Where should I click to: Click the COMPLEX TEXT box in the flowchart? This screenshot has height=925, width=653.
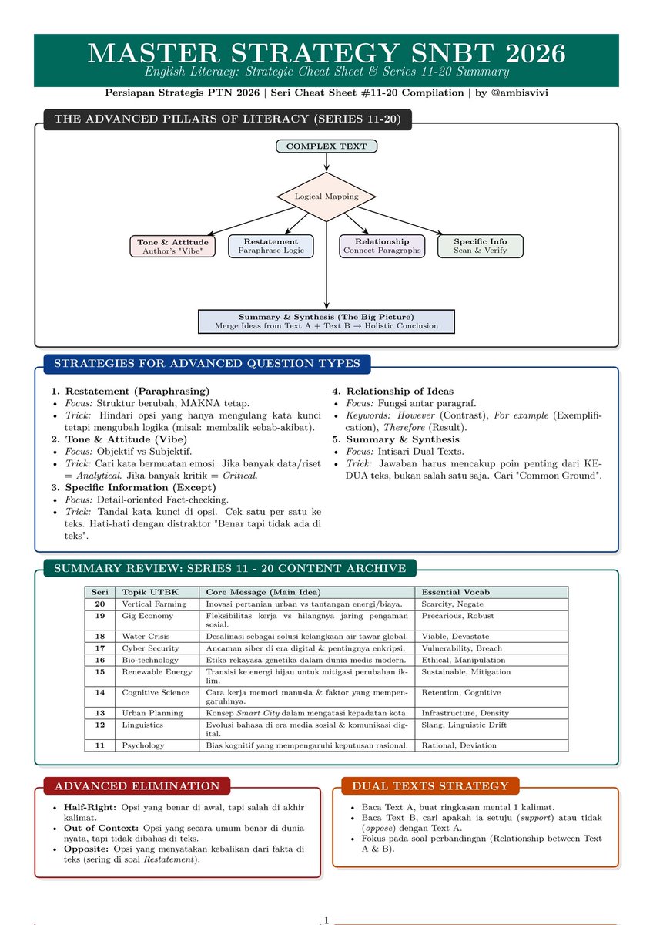click(326, 146)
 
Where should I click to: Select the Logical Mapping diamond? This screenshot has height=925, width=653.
click(326, 197)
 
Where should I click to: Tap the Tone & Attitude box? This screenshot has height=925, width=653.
click(172, 246)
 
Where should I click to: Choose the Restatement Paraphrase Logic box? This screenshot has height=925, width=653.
click(271, 246)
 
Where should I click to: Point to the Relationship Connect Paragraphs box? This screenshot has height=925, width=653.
click(382, 246)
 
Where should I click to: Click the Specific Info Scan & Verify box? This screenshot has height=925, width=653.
click(480, 246)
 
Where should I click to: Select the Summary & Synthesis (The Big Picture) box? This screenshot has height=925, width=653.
click(326, 321)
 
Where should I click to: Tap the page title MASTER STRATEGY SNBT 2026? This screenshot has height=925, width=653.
click(326, 53)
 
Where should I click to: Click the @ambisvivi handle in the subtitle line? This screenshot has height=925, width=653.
click(519, 93)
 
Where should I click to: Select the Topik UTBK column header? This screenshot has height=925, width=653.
click(143, 592)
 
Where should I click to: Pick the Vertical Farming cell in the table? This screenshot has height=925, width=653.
click(154, 604)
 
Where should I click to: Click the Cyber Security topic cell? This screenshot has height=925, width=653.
click(151, 648)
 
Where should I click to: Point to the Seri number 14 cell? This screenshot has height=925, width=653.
click(100, 692)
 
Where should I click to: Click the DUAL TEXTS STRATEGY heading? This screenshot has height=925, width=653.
click(430, 785)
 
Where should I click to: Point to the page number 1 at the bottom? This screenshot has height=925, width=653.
click(326, 920)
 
